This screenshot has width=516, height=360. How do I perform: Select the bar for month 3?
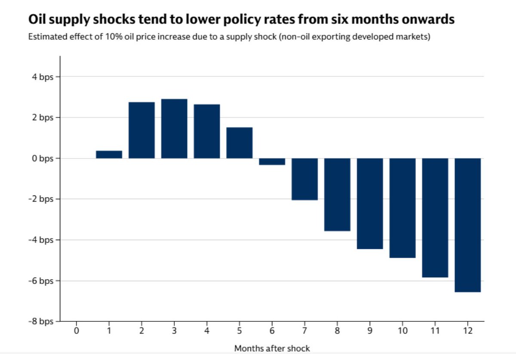[x=174, y=129]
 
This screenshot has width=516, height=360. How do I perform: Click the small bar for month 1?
[x=109, y=155]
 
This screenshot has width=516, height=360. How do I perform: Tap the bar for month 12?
[x=468, y=225]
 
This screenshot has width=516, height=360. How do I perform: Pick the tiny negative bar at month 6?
[x=272, y=162]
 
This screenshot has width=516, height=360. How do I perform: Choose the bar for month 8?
[x=337, y=195]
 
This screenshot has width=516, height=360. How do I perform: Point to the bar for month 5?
[x=240, y=143]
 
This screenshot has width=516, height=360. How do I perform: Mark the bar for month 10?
[x=402, y=208]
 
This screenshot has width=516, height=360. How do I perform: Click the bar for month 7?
[x=304, y=179]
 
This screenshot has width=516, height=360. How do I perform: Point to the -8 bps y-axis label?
[x=42, y=321]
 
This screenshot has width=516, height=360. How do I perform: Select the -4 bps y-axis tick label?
[x=42, y=240]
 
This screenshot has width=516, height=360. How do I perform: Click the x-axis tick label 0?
[x=77, y=331]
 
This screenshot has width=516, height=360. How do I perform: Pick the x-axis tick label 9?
[x=370, y=331]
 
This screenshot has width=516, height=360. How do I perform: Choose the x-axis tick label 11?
[x=435, y=331]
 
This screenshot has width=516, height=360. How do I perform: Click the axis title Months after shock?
[x=272, y=348]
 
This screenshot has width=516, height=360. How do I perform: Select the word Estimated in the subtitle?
[x=46, y=37]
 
